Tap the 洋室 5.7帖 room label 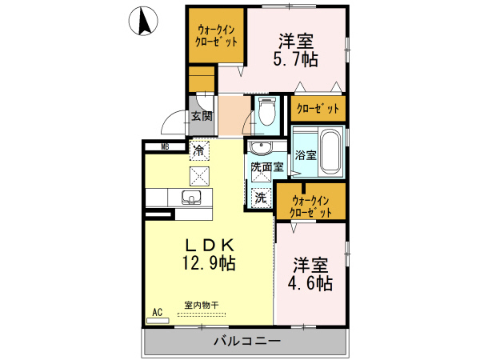coord(296,48)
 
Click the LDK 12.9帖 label coord(210,253)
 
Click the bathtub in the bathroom coord(330,150)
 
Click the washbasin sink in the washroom coord(261,149)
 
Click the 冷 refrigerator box coord(198,149)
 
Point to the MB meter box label coord(165,146)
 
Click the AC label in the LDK coord(158,312)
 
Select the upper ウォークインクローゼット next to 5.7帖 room coord(217,37)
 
